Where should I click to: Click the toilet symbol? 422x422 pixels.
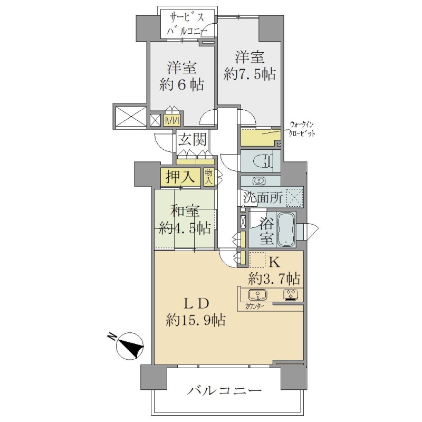pyautogui.click(x=263, y=161)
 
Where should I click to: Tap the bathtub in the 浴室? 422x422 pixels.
pyautogui.click(x=286, y=229)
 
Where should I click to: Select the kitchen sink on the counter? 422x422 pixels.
pyautogui.click(x=257, y=294)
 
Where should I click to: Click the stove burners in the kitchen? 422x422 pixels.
pyautogui.click(x=291, y=294)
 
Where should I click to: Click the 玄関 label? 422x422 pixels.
pyautogui.click(x=193, y=139)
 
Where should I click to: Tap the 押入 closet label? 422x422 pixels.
pyautogui.click(x=180, y=177)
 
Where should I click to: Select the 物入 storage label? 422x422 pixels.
pyautogui.click(x=209, y=177)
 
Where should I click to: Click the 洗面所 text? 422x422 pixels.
pyautogui.click(x=263, y=198)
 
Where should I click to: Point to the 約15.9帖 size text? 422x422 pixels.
pyautogui.click(x=195, y=320)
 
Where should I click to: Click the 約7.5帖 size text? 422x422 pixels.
pyautogui.click(x=250, y=73)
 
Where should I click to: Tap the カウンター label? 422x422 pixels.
pyautogui.click(x=254, y=306)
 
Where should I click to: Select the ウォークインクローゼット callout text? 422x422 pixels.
pyautogui.click(x=302, y=129)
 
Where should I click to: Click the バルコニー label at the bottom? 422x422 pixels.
pyautogui.click(x=225, y=390)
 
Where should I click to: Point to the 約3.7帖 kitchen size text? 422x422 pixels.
pyautogui.click(x=274, y=279)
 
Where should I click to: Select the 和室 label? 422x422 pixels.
pyautogui.click(x=186, y=212)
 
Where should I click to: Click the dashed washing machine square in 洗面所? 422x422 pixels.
pyautogui.click(x=295, y=197)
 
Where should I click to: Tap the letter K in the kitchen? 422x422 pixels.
pyautogui.click(x=274, y=262)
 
